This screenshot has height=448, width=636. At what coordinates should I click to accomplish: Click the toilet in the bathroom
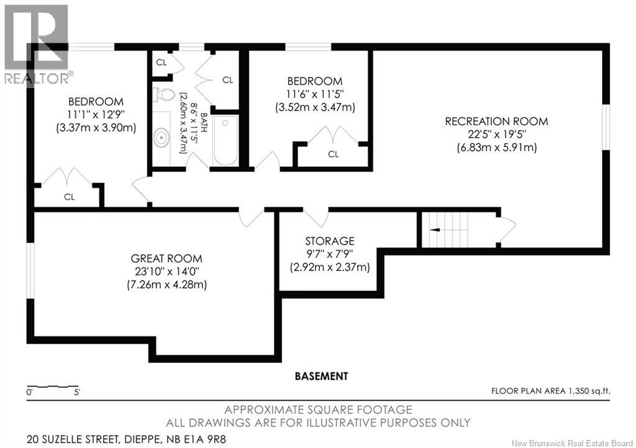(163, 94)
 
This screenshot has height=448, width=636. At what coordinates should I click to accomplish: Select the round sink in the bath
(161, 138)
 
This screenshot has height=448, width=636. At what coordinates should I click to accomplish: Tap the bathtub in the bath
(225, 140)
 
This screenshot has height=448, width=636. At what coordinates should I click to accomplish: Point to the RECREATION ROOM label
(496, 121)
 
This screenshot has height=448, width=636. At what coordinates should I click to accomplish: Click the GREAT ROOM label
(166, 258)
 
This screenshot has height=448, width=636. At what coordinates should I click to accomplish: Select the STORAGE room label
(330, 241)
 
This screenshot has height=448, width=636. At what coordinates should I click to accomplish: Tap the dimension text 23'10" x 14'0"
(166, 271)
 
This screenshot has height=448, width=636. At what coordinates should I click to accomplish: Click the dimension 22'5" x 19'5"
(496, 134)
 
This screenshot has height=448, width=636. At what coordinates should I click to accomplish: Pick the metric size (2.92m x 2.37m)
(330, 267)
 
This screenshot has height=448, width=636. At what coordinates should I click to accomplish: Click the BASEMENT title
(321, 376)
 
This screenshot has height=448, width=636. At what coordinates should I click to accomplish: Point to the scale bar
(52, 387)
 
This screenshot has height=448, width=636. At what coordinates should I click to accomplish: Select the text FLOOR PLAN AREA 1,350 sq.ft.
(550, 391)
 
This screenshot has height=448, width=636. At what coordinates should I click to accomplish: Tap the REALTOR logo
(36, 44)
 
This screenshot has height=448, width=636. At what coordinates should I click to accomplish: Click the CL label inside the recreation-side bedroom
(333, 154)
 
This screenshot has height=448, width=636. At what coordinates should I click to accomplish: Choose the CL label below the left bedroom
(70, 197)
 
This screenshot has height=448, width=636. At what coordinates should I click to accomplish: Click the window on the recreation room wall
(606, 127)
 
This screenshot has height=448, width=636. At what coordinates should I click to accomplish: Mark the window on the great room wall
(30, 271)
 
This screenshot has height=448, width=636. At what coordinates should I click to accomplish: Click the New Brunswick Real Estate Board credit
(572, 443)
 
